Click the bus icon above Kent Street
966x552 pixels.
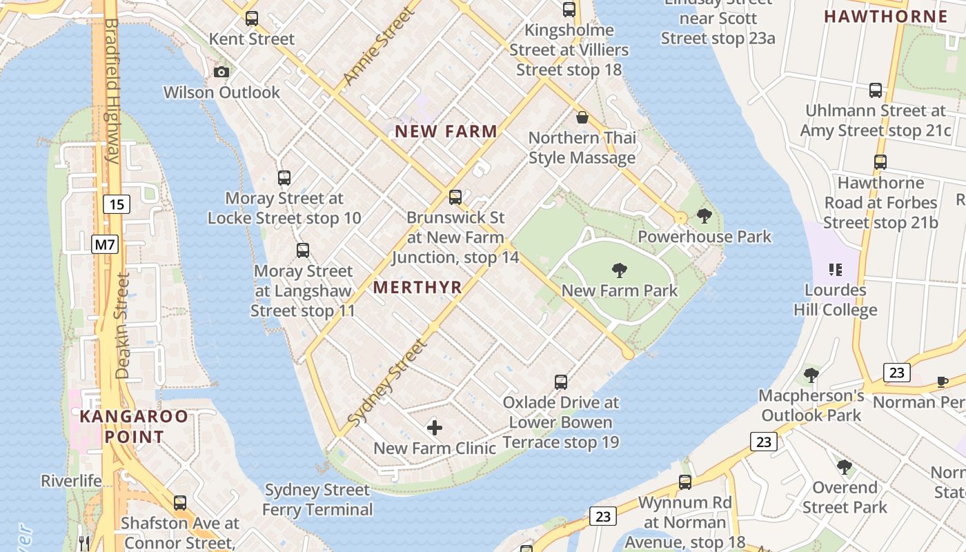(252, 19)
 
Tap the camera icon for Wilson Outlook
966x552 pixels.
(221, 72)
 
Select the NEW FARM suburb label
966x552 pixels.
(446, 131)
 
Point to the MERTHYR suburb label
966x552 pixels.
(417, 287)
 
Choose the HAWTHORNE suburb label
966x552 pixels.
(886, 17)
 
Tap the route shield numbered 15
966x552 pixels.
(117, 204)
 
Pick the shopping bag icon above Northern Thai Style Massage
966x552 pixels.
(582, 117)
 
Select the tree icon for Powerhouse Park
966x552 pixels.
(704, 216)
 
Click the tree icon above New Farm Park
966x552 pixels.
(620, 270)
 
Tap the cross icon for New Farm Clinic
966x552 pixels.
(435, 428)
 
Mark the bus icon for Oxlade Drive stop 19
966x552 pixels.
(561, 382)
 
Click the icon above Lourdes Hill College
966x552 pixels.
(835, 269)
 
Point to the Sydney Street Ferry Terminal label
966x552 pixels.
(317, 500)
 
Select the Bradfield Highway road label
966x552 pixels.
(110, 90)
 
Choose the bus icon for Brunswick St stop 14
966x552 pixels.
(455, 197)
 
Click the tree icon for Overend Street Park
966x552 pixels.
(844, 467)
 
